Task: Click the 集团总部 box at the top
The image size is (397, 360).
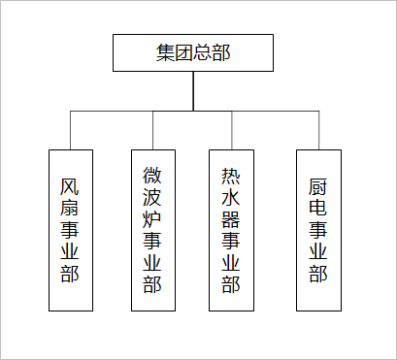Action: [193, 53]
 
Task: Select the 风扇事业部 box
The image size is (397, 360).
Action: [71, 229]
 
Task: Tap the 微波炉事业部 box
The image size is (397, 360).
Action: [152, 229]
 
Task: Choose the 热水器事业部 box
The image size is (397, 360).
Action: [232, 229]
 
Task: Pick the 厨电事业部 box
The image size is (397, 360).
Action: [318, 229]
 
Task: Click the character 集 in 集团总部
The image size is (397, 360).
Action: [166, 53]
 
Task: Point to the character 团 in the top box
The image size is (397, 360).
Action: [184, 53]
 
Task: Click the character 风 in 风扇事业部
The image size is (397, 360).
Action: [71, 184]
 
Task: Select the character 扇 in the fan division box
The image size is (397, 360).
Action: [71, 207]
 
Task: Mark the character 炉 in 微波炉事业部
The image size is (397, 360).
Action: [152, 218]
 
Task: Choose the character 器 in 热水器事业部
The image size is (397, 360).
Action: [232, 218]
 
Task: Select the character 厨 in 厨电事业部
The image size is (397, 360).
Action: [318, 184]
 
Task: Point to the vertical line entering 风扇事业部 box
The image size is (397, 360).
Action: [71, 130]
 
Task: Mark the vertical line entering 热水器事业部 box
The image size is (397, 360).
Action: [232, 130]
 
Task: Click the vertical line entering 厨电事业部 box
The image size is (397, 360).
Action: [318, 130]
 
